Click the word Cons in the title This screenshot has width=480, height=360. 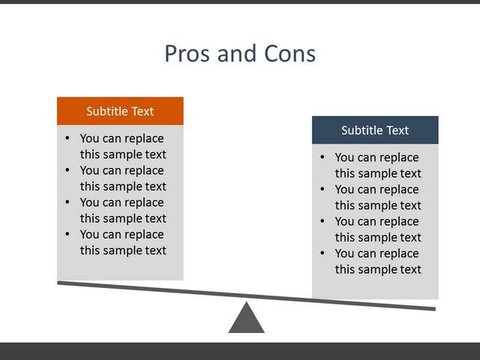tap(289, 54)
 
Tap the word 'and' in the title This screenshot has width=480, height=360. tap(237, 54)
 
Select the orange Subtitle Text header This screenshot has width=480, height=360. tap(120, 111)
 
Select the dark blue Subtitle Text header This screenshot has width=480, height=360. tap(375, 130)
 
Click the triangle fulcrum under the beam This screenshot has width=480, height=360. tap(247, 320)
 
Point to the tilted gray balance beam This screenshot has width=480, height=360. tap(247, 296)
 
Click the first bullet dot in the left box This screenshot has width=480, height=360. tap(67, 138)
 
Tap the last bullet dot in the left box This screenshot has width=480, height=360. tap(67, 234)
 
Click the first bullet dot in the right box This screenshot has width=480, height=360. tap(322, 157)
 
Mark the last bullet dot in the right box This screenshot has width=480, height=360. tap(322, 253)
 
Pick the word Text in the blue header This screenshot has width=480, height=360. tap(397, 130)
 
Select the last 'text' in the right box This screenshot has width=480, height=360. tap(411, 270)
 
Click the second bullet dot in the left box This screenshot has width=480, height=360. tap(67, 170)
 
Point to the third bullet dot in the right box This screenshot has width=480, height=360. tap(322, 221)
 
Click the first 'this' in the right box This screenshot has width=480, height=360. tap(345, 173)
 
